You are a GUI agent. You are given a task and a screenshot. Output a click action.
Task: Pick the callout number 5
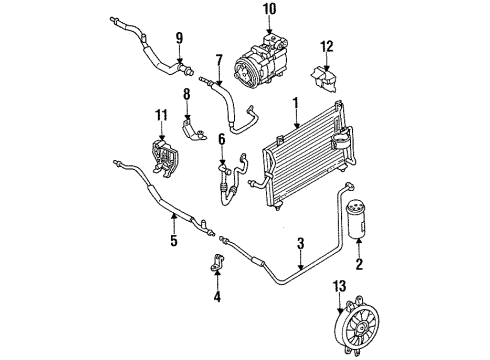173,241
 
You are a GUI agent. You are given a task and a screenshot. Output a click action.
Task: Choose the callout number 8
186,96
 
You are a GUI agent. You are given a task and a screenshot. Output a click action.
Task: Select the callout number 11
159,119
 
